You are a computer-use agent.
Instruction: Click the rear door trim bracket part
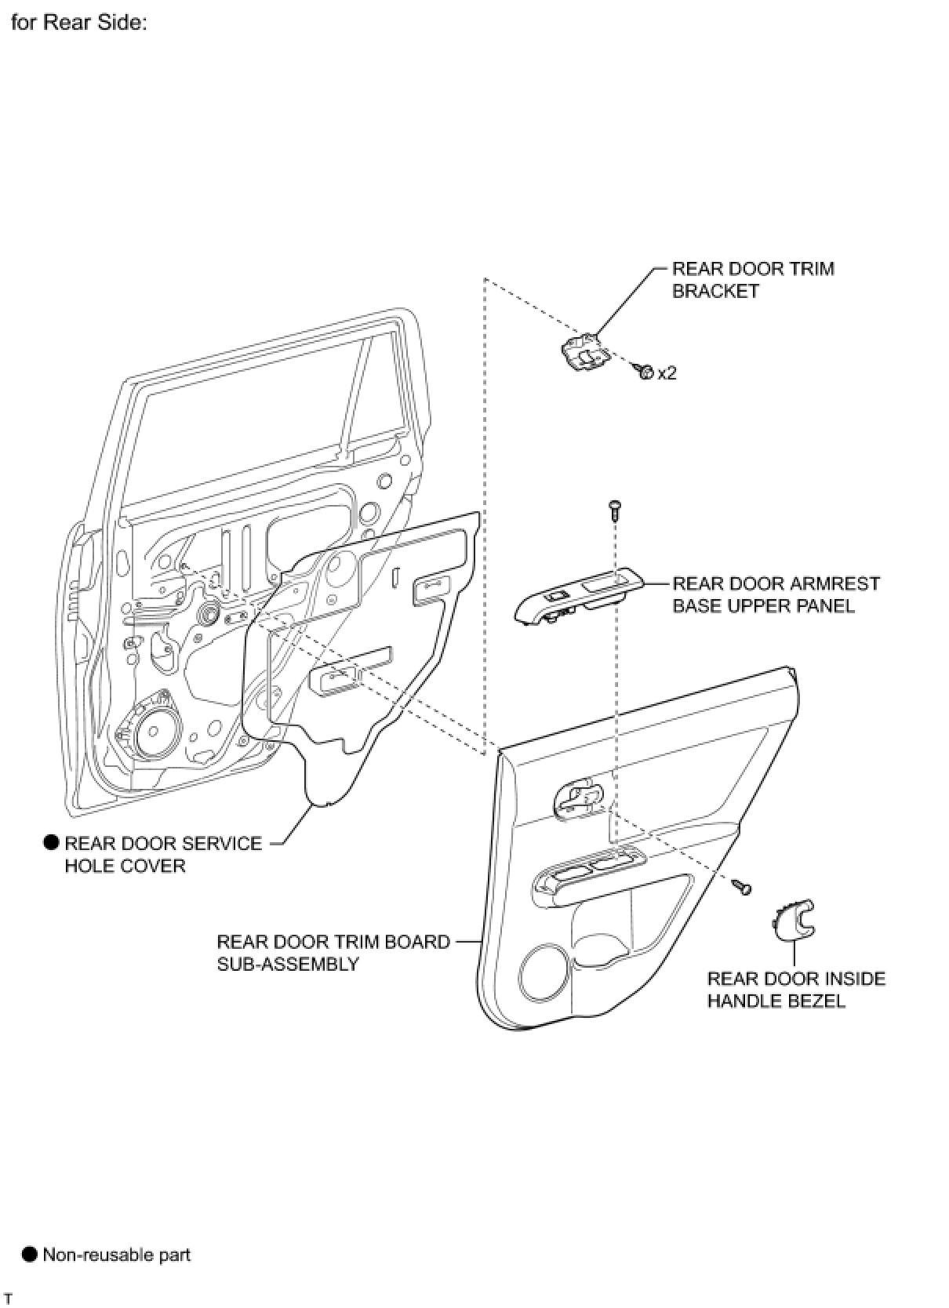[584, 352]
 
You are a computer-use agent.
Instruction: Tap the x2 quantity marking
[667, 372]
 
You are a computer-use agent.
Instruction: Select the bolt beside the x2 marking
[645, 371]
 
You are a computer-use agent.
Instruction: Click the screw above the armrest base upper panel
[614, 510]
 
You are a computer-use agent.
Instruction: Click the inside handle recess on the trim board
[579, 798]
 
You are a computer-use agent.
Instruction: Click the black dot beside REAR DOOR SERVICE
[51, 843]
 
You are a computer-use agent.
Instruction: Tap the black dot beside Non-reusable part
[29, 1254]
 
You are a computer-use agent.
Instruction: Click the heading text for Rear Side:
[78, 23]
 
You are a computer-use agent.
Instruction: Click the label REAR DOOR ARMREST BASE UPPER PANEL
[776, 594]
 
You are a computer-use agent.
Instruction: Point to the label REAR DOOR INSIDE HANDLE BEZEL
[795, 990]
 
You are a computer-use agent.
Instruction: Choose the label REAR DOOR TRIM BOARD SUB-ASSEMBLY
[333, 952]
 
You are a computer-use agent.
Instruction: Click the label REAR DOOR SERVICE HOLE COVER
[163, 854]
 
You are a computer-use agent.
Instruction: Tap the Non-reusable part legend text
[116, 1255]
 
